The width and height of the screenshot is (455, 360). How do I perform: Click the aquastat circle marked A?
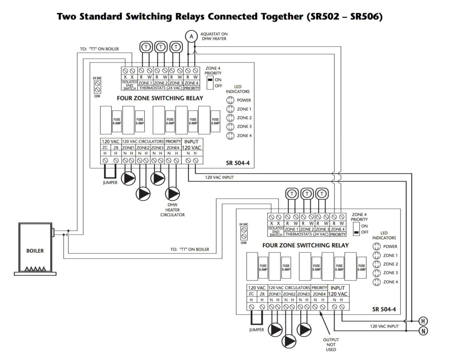point(191,37)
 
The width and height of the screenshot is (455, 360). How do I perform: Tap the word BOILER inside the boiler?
point(35,251)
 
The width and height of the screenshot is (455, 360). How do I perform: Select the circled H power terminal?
point(423,321)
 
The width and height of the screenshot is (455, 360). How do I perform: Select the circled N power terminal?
point(423,331)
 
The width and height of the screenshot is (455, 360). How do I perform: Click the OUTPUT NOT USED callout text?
point(331,345)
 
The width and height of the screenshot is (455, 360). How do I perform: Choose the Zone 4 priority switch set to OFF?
point(356,228)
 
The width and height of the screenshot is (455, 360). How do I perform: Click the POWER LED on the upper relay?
point(230,100)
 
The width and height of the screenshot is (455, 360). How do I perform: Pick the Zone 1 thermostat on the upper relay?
point(146,47)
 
